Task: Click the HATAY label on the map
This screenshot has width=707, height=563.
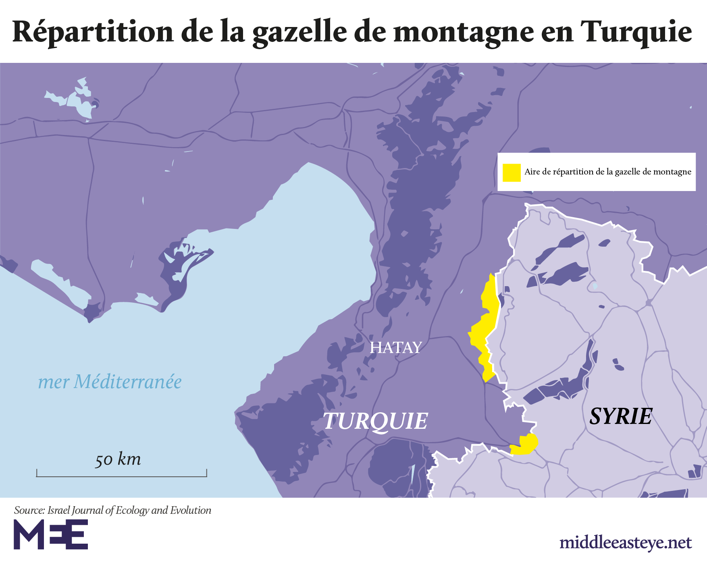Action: point(395,347)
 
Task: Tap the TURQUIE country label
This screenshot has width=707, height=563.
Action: point(375,421)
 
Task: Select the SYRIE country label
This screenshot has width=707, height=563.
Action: point(620,416)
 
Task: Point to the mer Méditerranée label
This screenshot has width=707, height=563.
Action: point(110,382)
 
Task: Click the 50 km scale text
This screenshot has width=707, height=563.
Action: point(118,459)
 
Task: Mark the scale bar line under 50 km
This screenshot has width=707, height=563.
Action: point(121,476)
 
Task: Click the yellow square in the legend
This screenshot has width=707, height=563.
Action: point(511,172)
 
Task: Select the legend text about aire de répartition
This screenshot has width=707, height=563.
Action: point(607,172)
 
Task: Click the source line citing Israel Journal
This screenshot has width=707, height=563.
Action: point(112,510)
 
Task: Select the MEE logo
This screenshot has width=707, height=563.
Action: point(51,534)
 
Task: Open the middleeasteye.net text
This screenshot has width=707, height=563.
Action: point(626,542)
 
